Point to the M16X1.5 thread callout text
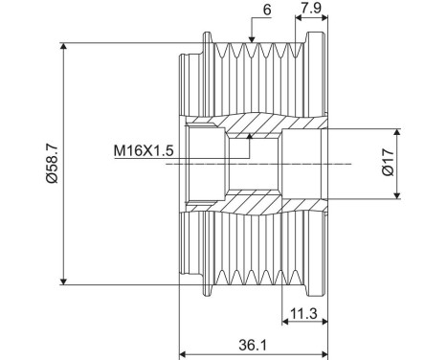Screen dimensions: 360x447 tap(144, 150)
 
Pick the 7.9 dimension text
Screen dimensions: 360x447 tap(310, 11)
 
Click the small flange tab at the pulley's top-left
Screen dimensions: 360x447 tap(206, 39)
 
